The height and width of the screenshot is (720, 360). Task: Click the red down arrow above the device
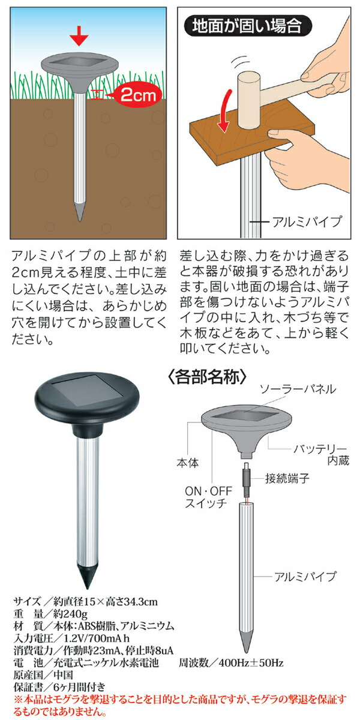click(79, 36)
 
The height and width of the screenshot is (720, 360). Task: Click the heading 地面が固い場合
click(247, 26)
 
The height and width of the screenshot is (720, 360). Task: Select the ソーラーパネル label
click(298, 389)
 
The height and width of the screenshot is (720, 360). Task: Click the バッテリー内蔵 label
click(321, 455)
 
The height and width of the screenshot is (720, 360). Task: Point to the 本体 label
click(187, 463)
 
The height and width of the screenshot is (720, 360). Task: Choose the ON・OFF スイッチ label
click(208, 497)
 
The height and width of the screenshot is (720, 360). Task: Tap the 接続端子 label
click(287, 479)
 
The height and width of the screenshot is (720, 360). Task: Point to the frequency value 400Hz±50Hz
click(251, 662)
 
